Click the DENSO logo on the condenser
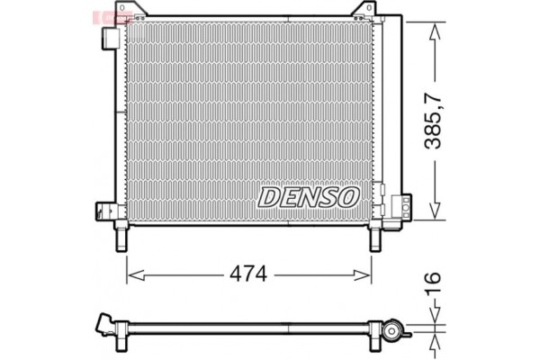tap(310, 194)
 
